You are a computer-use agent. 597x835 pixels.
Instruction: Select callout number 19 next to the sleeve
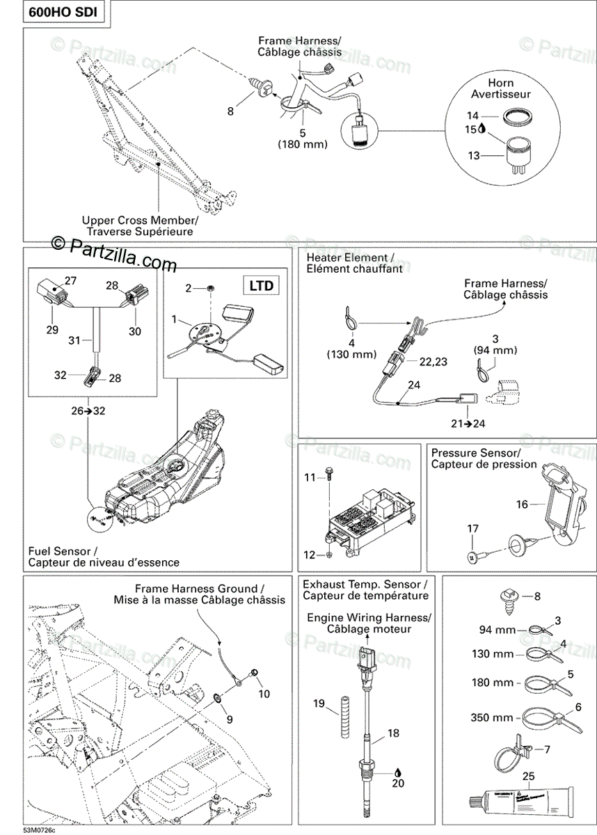click(319, 704)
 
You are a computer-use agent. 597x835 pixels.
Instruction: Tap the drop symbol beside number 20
click(397, 772)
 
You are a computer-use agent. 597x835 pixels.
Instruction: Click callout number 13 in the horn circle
click(474, 156)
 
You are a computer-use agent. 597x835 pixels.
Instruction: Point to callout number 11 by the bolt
click(310, 477)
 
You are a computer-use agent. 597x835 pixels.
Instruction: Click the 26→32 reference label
click(88, 411)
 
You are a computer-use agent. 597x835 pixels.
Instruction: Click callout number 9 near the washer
click(230, 719)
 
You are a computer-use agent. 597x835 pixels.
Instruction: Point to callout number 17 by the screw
click(472, 529)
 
